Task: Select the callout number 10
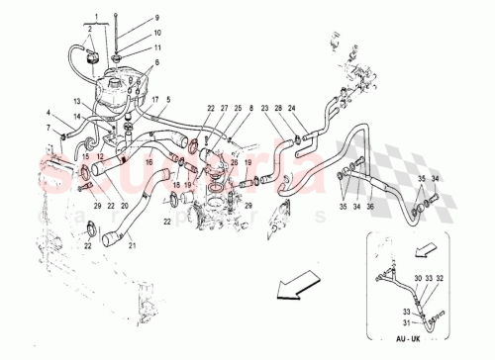(155, 35)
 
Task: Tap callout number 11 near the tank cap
(155, 47)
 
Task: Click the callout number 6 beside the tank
(154, 62)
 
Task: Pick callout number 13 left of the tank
(75, 102)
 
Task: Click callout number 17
(154, 100)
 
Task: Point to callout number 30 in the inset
(418, 280)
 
